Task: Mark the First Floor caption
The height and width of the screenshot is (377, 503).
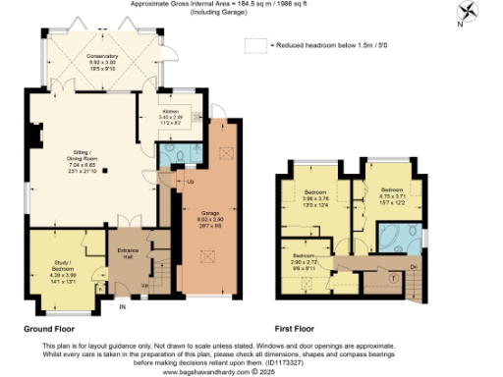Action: point(301,330)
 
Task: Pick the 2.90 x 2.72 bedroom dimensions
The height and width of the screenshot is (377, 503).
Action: point(306,262)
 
